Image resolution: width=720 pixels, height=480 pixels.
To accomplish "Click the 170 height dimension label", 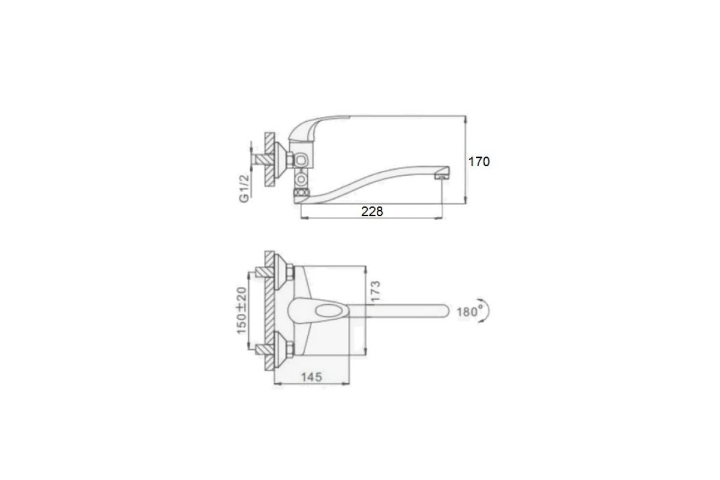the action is (x=479, y=162).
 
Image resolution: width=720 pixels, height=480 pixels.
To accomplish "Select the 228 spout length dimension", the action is (x=372, y=211).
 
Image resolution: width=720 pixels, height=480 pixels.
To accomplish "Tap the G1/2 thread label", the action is (x=244, y=189).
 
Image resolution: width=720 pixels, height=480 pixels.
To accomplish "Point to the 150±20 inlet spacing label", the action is (x=242, y=310).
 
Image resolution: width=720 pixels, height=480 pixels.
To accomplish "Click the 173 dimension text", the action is (x=376, y=291).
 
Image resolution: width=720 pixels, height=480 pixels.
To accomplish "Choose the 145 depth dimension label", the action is (x=312, y=377).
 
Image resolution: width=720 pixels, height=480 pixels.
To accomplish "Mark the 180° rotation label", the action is (x=470, y=311).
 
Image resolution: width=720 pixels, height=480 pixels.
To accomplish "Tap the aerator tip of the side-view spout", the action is (x=442, y=176).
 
